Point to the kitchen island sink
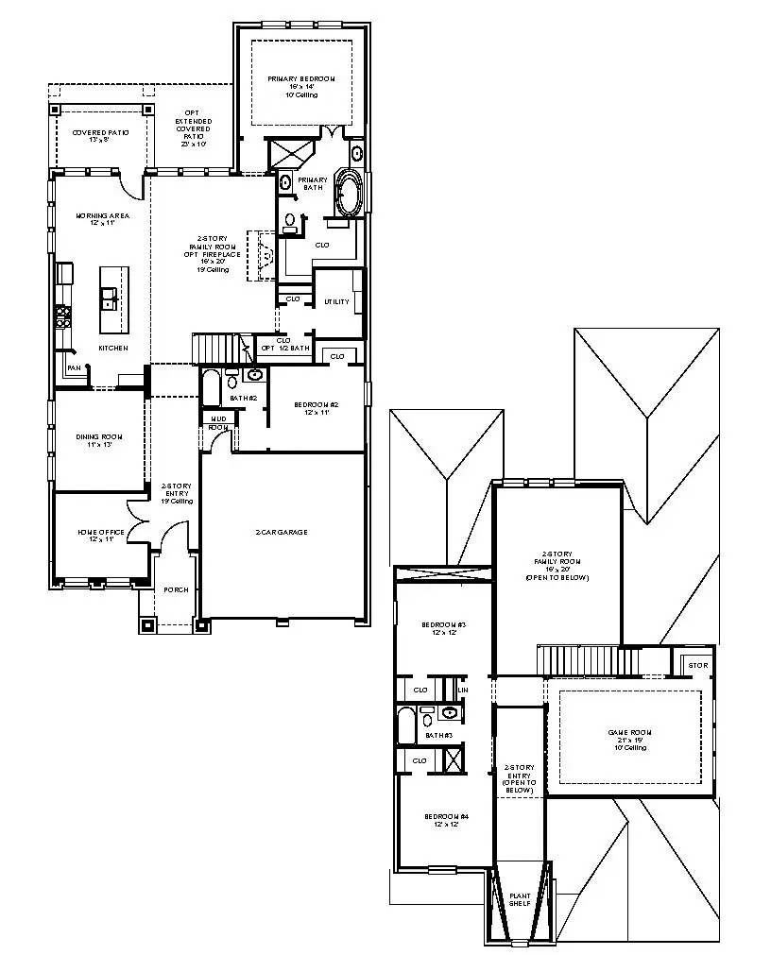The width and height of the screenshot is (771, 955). coord(111,299)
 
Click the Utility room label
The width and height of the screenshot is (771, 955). coord(336,302)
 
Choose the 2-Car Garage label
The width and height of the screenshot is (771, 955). coord(282,532)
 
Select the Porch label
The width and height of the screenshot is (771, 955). coord(177,589)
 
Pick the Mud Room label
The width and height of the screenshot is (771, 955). coord(218,421)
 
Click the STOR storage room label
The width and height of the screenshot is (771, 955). coord(697,665)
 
